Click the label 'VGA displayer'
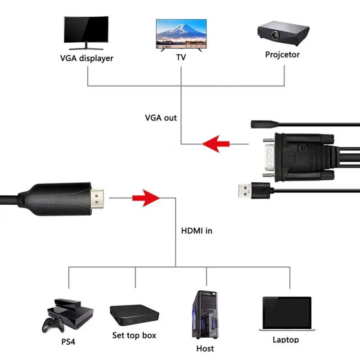(x=86, y=58)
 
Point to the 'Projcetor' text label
(x=282, y=54)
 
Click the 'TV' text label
(x=180, y=58)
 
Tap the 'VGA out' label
(x=161, y=118)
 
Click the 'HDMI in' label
(x=196, y=231)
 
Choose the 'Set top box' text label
(x=134, y=336)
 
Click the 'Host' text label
(x=205, y=348)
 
